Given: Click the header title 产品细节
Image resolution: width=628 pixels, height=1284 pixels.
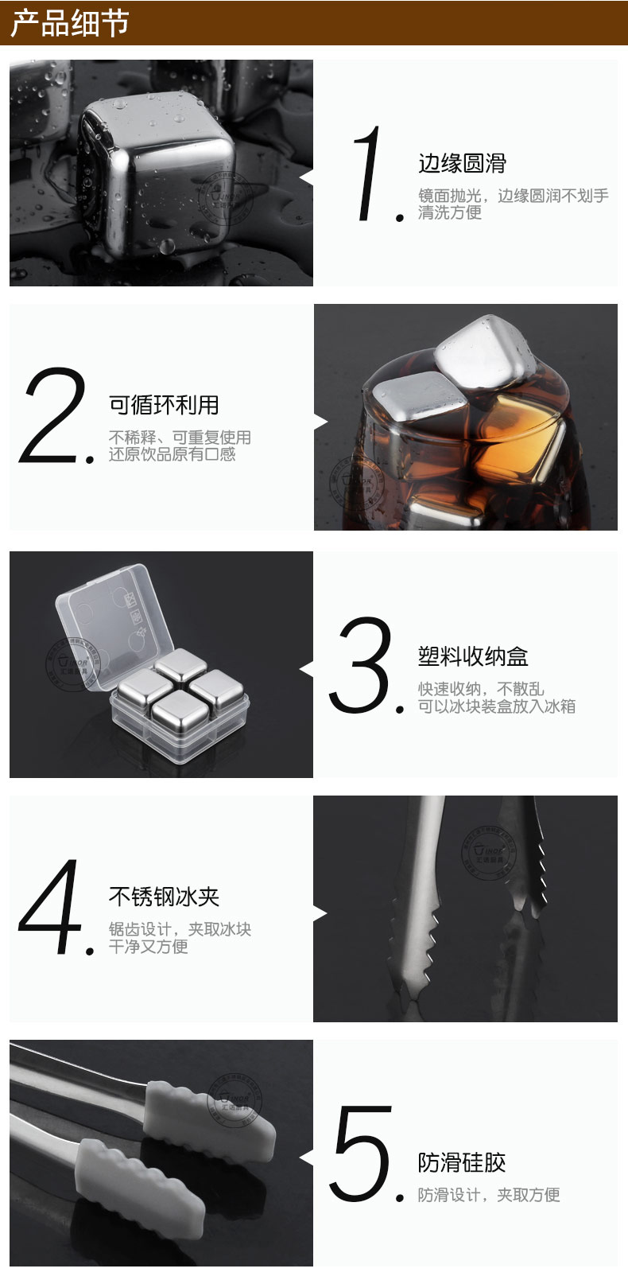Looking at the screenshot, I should [69, 23].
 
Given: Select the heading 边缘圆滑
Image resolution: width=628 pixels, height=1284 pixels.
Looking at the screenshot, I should [462, 164].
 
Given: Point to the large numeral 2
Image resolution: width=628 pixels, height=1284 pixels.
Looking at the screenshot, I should [52, 414].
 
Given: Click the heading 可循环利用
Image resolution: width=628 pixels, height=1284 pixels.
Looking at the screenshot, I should [164, 405].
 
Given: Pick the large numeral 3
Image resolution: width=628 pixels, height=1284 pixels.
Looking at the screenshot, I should [362, 664].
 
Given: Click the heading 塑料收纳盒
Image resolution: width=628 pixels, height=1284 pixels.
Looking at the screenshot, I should [473, 656].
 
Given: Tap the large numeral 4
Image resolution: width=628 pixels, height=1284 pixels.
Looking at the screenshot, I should [51, 907].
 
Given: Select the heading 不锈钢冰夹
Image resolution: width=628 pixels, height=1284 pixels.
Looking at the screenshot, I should [164, 897].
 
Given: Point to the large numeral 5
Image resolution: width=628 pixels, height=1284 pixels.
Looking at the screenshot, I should [362, 1153].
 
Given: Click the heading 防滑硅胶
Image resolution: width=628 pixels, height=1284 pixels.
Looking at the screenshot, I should [462, 1162].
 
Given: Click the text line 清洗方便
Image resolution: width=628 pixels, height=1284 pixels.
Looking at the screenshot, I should [450, 212].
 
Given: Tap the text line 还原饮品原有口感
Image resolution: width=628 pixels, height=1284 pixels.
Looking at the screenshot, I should [172, 454].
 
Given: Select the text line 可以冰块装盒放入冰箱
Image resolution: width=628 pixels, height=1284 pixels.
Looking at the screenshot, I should [497, 706].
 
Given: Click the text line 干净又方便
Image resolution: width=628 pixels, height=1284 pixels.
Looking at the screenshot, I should [148, 946].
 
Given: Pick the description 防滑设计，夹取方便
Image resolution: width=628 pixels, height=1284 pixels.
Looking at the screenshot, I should [489, 1195].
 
